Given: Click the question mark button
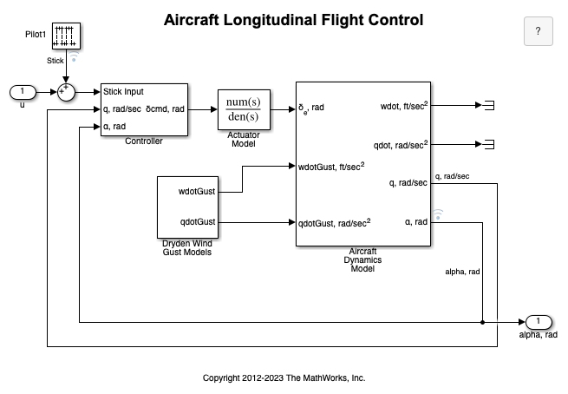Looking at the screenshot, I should point(538,31).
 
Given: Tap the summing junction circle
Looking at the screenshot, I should point(66,92).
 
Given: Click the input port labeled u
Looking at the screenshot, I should point(22,92).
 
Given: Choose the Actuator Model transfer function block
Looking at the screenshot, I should point(243,109).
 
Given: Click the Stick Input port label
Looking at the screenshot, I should point(123,92).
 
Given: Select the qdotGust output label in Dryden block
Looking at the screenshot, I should point(197,221).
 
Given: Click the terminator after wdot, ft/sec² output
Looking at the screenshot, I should point(488,105).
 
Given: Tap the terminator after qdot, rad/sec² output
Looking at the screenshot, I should point(488,143).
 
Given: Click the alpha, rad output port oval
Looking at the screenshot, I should point(538,322).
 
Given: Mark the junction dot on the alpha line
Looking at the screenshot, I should point(481,322).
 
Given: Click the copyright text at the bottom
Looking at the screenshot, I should point(284,378).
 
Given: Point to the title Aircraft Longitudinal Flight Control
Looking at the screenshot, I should point(294,19).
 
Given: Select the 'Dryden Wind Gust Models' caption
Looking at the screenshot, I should point(187,247).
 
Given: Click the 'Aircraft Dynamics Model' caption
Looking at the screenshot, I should point(362,259).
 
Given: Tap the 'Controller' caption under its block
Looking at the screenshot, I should point(144,141).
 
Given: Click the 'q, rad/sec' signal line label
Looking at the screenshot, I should point(451,176).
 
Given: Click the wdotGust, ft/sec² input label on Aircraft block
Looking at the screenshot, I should point(330,166).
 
